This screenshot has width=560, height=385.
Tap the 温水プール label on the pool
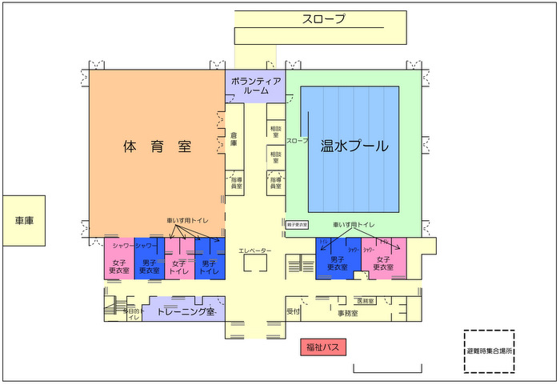tap(354, 146)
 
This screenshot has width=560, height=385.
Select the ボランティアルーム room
tap(255, 86)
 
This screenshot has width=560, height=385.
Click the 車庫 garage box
tap(24, 220)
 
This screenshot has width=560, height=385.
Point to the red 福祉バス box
tap(322, 347)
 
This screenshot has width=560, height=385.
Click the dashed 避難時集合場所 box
tap(489, 351)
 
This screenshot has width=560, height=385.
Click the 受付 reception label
tap(293, 312)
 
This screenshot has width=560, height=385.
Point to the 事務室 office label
tap(347, 313)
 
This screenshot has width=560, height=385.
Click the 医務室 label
tap(366, 301)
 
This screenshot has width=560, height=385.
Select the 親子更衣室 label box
tap(297, 225)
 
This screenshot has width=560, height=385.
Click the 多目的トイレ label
tap(133, 313)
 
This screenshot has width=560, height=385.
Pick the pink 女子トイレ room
tap(178, 267)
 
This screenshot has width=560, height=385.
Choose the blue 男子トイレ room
tap(210, 267)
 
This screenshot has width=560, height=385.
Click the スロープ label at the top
tap(323, 19)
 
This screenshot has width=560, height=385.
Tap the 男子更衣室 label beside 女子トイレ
tap(149, 267)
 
